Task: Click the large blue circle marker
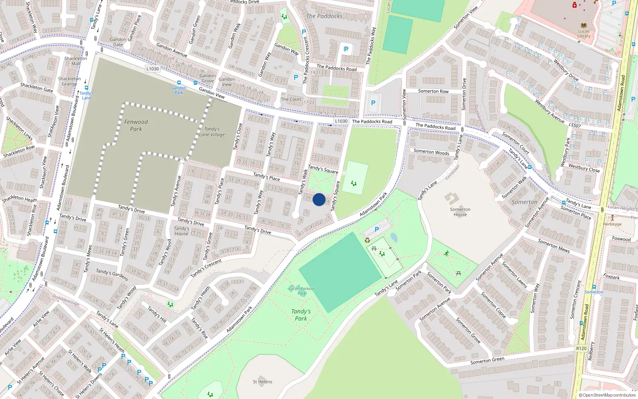pyautogui.click(x=319, y=199)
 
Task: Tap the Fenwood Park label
pyautogui.click(x=136, y=125)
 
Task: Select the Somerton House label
pyautogui.click(x=460, y=212)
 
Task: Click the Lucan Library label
pyautogui.click(x=584, y=34)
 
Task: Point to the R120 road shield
pyautogui.click(x=581, y=348)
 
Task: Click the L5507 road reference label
pyautogui.click(x=575, y=125)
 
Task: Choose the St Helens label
pyautogui.click(x=262, y=382)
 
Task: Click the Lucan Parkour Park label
pyautogui.click(x=302, y=291)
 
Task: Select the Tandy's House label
pyautogui.click(x=181, y=231)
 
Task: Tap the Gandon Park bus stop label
pyautogui.click(x=179, y=90)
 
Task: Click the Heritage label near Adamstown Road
pyautogui.click(x=612, y=224)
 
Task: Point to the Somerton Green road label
pyautogui.click(x=487, y=360)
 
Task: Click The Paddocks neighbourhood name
pyautogui.click(x=324, y=16)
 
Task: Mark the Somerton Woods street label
pyautogui.click(x=431, y=152)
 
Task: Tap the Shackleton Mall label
pyautogui.click(x=76, y=61)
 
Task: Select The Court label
pyautogui.click(x=291, y=99)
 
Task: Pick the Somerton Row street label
pyautogui.click(x=433, y=91)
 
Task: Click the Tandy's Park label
pyautogui.click(x=301, y=315)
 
